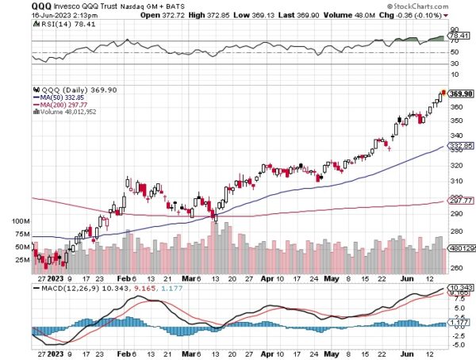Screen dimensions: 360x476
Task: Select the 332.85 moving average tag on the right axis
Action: tap(460, 147)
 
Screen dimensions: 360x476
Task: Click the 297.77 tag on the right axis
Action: tap(460, 201)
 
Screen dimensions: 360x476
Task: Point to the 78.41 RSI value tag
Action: tap(459, 35)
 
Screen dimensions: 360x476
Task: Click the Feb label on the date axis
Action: tap(125, 279)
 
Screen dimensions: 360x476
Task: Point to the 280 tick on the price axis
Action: tap(456, 231)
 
